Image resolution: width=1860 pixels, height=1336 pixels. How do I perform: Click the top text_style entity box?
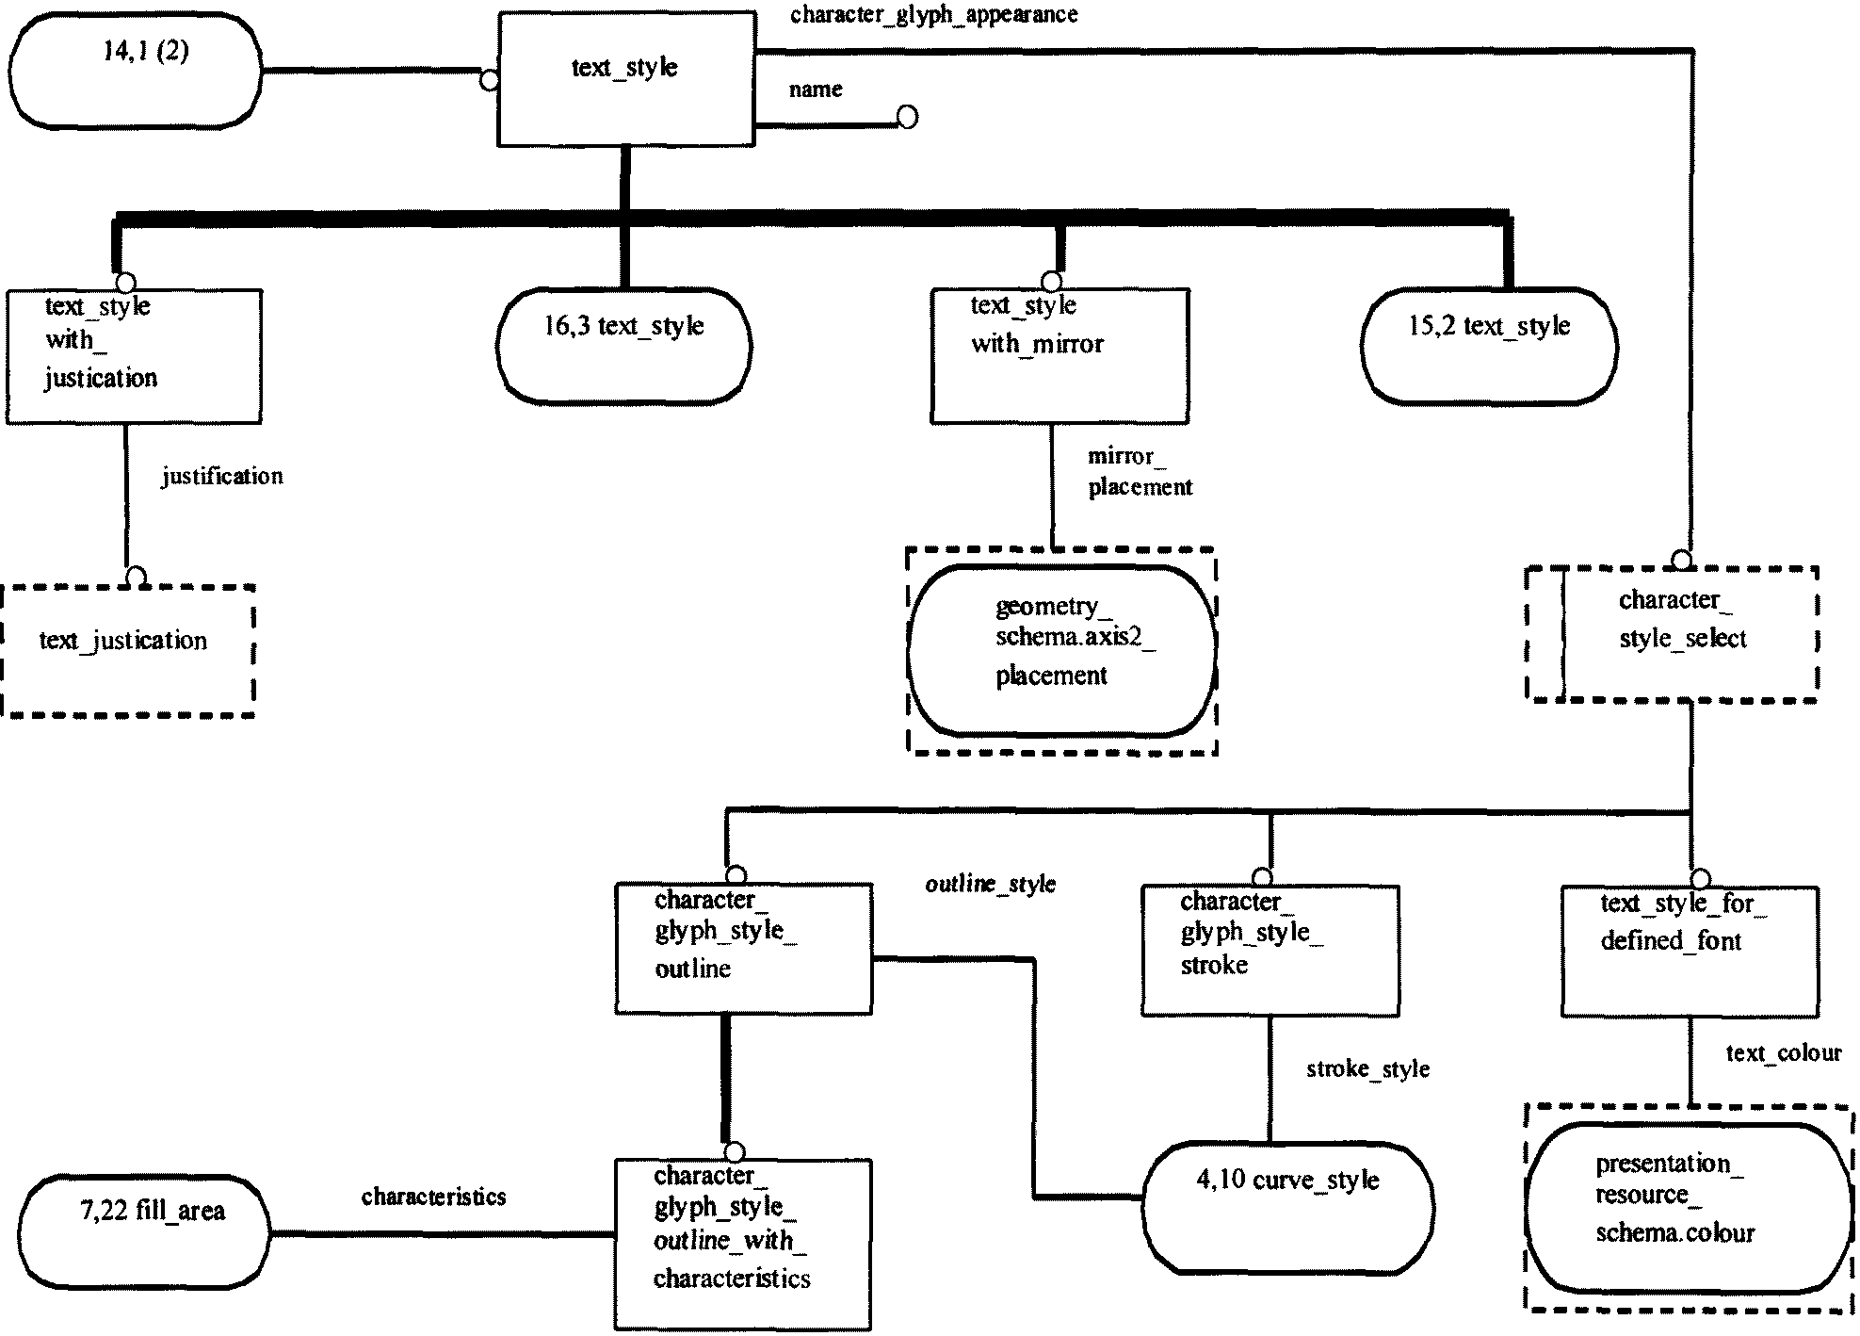626,78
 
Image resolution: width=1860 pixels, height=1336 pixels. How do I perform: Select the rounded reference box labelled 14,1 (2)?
135,71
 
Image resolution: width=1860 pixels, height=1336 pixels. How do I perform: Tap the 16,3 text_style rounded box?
623,347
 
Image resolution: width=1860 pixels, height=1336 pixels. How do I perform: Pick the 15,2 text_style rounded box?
1489,347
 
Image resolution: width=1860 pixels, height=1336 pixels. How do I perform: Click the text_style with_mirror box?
1059,356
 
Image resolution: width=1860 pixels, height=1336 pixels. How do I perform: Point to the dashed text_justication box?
129,651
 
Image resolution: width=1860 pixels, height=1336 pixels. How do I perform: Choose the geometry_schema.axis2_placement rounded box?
1061,650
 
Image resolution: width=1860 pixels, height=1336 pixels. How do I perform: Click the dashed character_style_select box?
1672,633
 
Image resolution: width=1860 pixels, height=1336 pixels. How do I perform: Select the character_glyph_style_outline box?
743,948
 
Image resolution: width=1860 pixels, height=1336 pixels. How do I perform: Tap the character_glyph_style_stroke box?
1270,950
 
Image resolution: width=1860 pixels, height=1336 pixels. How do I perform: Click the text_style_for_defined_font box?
1690,951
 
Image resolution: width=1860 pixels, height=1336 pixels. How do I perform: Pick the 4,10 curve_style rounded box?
1287,1207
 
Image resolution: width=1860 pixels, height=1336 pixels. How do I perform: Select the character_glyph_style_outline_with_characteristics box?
743,1245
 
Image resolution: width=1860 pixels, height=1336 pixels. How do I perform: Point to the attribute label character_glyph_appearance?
933,15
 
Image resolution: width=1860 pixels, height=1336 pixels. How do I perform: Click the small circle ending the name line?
907,117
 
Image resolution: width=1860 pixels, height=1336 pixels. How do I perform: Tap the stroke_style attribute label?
1367,1068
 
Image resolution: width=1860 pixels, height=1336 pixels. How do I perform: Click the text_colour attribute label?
1783,1052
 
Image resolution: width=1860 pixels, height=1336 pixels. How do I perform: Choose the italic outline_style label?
991,884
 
